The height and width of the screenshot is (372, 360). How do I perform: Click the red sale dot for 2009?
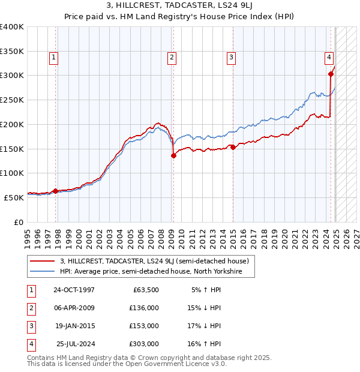(x=173, y=155)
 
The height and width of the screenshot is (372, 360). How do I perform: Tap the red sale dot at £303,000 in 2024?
(x=331, y=74)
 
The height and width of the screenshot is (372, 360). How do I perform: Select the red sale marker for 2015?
(x=233, y=147)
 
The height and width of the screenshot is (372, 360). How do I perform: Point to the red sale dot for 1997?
(x=56, y=191)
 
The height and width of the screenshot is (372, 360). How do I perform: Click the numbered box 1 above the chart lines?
(x=54, y=58)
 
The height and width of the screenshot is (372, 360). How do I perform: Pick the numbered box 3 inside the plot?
(x=231, y=58)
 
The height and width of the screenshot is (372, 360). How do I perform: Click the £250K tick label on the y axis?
(x=12, y=100)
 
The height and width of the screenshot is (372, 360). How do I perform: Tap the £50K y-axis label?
(x=14, y=197)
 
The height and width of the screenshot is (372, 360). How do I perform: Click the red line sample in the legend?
(x=42, y=261)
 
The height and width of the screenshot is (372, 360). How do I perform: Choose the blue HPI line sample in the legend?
(x=42, y=271)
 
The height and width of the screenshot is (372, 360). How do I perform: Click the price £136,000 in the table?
(x=144, y=308)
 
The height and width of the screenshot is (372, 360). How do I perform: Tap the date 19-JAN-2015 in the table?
(x=74, y=326)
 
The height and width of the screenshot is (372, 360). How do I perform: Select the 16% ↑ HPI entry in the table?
(x=206, y=344)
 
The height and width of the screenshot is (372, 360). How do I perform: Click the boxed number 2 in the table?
(x=30, y=308)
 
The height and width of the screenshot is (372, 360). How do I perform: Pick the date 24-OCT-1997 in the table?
(x=74, y=290)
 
